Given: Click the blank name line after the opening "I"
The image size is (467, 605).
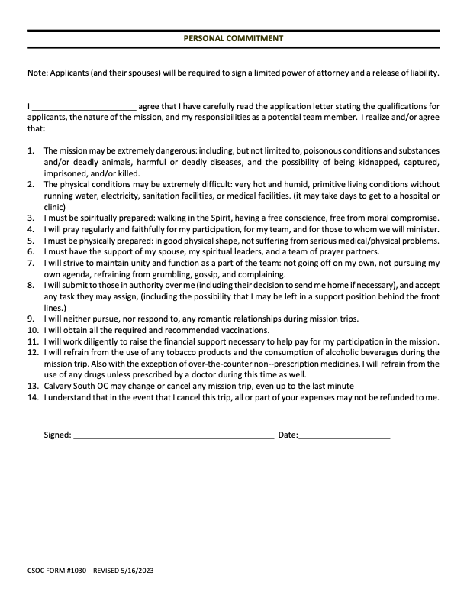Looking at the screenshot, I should pyautogui.click(x=83, y=107).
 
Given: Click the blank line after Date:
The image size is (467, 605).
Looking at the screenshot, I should pyautogui.click(x=344, y=435).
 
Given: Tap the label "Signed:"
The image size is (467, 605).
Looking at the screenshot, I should pyautogui.click(x=57, y=435).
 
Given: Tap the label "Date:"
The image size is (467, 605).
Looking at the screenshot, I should pyautogui.click(x=288, y=435).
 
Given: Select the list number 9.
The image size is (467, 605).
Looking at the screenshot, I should pyautogui.click(x=30, y=318).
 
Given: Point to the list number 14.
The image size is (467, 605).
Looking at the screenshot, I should pyautogui.click(x=32, y=398).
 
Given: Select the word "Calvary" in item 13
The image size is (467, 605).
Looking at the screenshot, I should pyautogui.click(x=59, y=387).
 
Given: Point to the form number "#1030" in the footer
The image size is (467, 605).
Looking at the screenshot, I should pyautogui.click(x=76, y=571).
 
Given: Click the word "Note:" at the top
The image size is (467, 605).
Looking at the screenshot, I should pyautogui.click(x=37, y=73).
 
